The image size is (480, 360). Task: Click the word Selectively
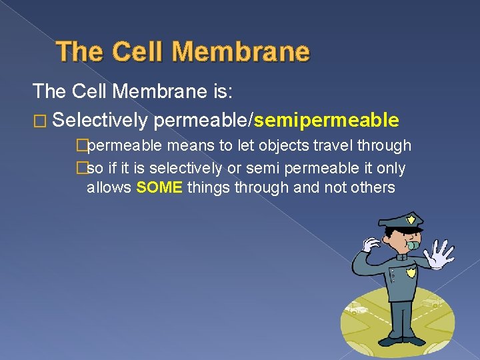tap(99, 120)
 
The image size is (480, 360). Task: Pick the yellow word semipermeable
tap(327, 120)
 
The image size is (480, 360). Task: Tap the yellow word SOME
tap(159, 187)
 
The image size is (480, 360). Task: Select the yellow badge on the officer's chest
tap(411, 272)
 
